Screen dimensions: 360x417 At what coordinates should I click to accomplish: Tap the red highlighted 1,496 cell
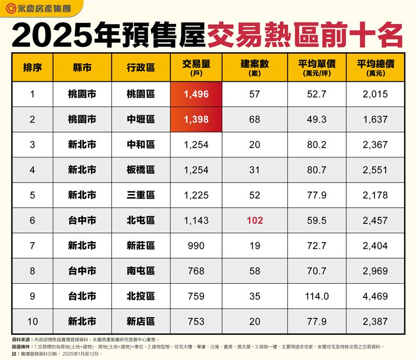[196, 94]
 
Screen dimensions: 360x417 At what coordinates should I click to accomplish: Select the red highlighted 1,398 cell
[196, 119]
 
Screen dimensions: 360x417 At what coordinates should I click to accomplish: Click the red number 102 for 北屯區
[255, 221]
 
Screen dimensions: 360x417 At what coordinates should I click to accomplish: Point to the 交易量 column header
[196, 67]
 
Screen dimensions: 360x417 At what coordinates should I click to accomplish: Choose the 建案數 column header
[255, 67]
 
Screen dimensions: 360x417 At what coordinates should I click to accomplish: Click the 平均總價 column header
[375, 67]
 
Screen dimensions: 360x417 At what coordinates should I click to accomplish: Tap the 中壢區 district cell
[141, 119]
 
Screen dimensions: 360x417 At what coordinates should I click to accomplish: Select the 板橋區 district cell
[141, 170]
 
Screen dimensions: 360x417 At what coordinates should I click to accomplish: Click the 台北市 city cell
[82, 296]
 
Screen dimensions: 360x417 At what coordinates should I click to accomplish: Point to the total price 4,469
[375, 296]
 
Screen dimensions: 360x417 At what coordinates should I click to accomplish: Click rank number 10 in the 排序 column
[32, 321]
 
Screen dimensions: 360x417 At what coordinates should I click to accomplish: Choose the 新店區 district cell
[141, 321]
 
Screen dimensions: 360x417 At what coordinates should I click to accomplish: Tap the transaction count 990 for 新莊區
[196, 246]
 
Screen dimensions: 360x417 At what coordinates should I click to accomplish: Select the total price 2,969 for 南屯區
[375, 271]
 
